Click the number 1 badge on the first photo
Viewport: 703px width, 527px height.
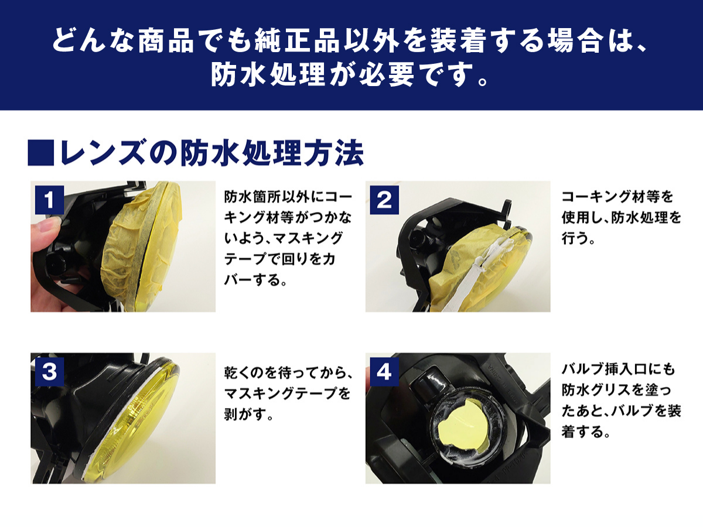click(50, 201)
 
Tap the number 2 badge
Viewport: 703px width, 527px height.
click(384, 201)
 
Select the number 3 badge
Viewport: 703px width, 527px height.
click(50, 372)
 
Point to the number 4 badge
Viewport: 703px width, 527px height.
click(384, 372)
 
